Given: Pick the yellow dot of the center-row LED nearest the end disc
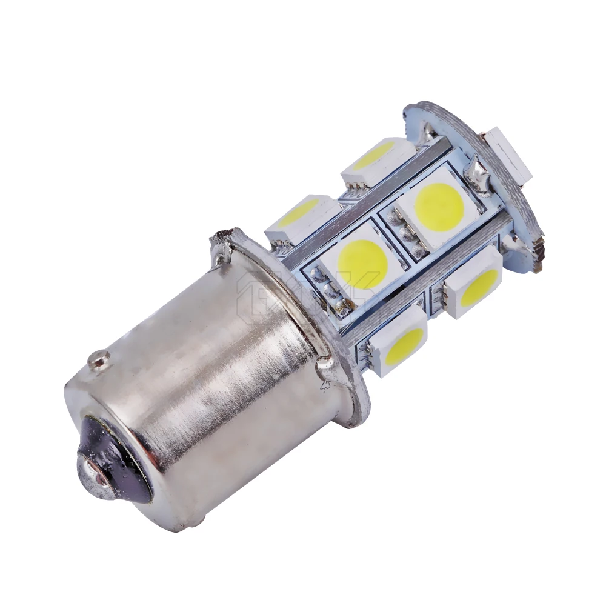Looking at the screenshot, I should tap(439, 205).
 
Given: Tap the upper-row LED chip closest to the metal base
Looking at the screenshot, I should tap(301, 216).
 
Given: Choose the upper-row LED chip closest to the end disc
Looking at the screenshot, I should tap(376, 158).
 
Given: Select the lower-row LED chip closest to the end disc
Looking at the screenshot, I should tap(476, 285).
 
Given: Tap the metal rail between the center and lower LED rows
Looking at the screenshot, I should tap(424, 285).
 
